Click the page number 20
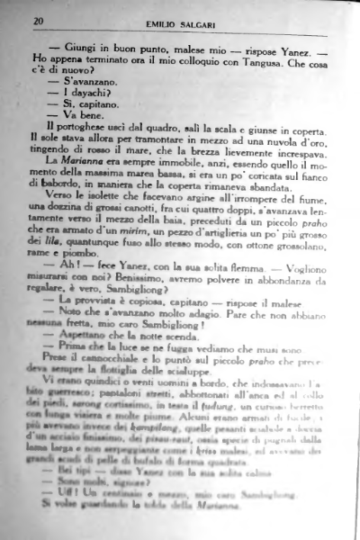coord(37,20)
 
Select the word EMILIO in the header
coord(158,21)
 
